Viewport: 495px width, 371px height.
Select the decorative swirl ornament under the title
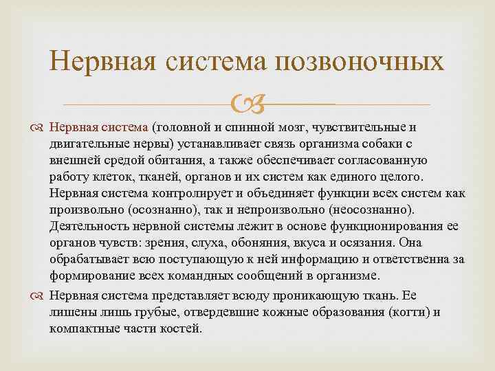(246, 104)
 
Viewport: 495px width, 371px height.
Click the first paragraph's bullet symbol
(38, 128)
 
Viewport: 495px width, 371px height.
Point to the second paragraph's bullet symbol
(38, 295)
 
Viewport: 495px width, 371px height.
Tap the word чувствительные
(362, 127)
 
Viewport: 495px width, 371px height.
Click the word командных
(212, 276)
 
